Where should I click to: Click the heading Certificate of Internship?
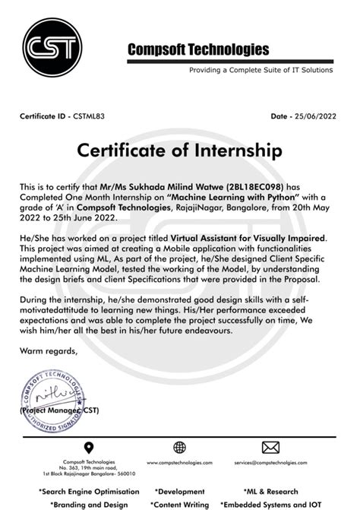click(179, 151)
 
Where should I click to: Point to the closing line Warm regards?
click(48, 351)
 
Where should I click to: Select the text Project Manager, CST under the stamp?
click(58, 409)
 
